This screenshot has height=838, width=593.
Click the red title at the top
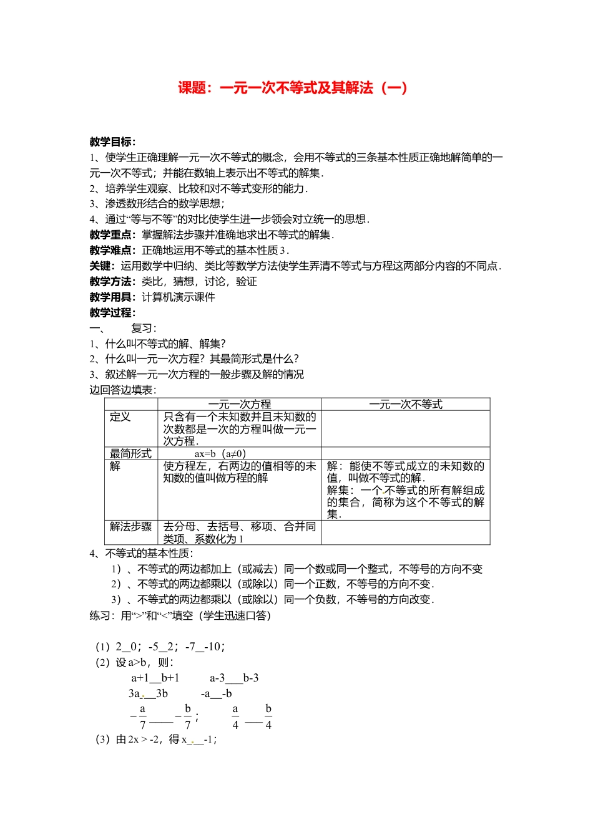click(293, 88)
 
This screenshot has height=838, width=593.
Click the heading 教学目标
click(112, 142)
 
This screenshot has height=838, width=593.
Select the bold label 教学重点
click(112, 235)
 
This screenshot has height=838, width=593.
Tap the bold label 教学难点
click(112, 251)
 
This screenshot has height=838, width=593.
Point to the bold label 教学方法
click(112, 282)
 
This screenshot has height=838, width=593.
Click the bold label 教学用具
click(112, 297)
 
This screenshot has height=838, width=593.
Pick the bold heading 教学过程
click(112, 313)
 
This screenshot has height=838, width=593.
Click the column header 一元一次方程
click(240, 405)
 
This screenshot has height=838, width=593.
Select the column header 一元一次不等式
click(406, 405)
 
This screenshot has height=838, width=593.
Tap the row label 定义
click(120, 417)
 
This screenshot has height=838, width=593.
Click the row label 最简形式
click(130, 454)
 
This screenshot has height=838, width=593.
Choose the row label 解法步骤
click(130, 527)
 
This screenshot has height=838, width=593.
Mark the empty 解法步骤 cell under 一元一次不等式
click(406, 532)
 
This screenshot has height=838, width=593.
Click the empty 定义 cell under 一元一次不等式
click(406, 429)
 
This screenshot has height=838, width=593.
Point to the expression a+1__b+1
click(155, 678)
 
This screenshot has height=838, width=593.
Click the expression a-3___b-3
click(234, 678)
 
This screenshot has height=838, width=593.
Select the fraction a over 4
click(235, 717)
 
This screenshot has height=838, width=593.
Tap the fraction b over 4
click(268, 717)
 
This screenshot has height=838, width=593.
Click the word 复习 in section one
click(143, 329)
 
